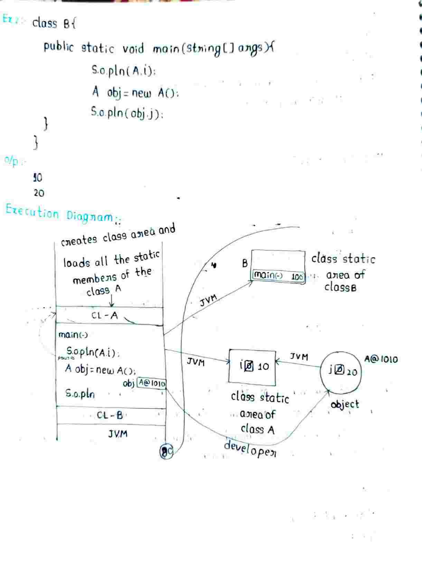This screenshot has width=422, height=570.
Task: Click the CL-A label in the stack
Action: [105, 315]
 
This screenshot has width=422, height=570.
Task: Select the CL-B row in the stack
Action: [110, 415]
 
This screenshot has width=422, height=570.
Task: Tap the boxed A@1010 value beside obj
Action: [152, 383]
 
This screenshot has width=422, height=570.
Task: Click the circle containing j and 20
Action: [341, 371]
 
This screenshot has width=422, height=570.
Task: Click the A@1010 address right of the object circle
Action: [381, 359]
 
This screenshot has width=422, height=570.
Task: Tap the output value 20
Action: [39, 193]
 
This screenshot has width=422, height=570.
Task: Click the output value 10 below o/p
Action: [37, 178]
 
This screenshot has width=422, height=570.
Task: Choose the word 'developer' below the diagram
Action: [250, 448]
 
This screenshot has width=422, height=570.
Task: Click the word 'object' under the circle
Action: [345, 404]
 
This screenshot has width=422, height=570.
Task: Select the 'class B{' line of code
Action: [54, 23]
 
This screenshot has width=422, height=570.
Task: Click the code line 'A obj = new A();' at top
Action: [135, 93]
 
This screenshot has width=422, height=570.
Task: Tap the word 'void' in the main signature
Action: [133, 48]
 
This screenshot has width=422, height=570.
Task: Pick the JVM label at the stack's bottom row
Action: [118, 434]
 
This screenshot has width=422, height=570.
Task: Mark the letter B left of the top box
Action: [245, 264]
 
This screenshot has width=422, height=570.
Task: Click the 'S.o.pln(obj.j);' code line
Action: [127, 113]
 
